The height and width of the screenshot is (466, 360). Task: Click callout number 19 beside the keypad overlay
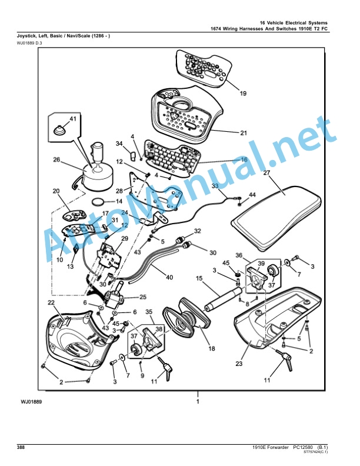click(243, 94)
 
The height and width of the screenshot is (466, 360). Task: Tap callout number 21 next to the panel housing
click(244, 133)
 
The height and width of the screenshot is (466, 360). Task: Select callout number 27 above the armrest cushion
click(266, 172)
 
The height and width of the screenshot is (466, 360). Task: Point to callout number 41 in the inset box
click(73, 119)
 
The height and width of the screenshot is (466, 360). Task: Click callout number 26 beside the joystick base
click(56, 159)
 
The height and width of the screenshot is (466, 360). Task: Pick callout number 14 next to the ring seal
click(119, 201)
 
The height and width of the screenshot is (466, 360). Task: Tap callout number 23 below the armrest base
click(239, 364)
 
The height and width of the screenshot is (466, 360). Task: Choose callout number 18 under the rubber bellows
click(212, 348)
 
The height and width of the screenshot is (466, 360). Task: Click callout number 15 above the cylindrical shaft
click(199, 278)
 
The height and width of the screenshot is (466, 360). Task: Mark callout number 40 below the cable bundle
click(169, 277)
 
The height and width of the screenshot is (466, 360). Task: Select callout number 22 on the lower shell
click(51, 302)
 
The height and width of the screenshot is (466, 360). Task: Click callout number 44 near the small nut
click(252, 195)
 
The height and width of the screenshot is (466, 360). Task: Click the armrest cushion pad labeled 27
click(276, 218)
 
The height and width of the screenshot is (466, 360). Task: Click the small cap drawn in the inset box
click(59, 130)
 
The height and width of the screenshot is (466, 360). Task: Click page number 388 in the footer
click(21, 447)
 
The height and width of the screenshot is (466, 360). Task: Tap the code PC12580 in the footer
click(304, 447)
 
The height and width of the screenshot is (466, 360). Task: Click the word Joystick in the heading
click(26, 36)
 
